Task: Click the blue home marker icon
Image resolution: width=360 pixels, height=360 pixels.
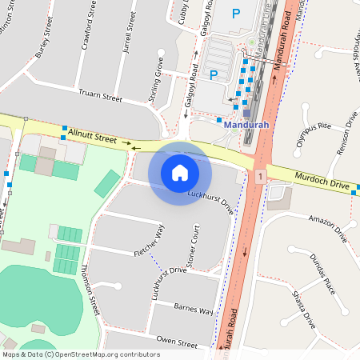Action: tap(180, 173)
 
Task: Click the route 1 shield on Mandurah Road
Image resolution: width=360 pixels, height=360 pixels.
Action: tap(260, 175)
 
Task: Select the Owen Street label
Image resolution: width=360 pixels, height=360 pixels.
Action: tap(177, 342)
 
